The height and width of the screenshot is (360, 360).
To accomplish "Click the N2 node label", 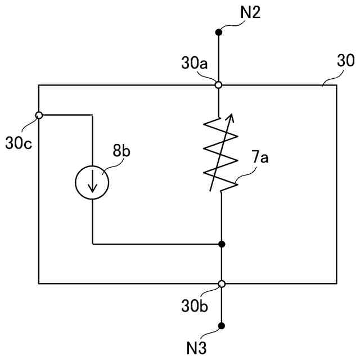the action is (x=250, y=12).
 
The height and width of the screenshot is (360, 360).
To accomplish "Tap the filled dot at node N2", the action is (x=219, y=33).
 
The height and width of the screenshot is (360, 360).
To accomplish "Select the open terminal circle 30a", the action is (x=219, y=85).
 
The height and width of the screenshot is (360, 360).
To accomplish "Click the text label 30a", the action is (x=194, y=63).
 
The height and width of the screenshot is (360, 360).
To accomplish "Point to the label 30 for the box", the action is (x=346, y=61).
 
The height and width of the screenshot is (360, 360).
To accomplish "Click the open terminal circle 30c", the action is (x=39, y=115).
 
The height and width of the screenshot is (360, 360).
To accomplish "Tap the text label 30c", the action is (x=19, y=143).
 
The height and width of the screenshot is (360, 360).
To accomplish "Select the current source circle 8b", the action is (x=92, y=182).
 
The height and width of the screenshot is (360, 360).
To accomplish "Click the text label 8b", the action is (x=121, y=151).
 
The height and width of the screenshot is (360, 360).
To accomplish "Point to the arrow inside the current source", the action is (x=92, y=181).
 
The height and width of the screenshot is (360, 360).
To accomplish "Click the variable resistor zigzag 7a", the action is (x=220, y=155).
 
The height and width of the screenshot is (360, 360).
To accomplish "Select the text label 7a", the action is (x=260, y=157).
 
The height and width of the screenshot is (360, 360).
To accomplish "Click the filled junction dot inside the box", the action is (x=222, y=244).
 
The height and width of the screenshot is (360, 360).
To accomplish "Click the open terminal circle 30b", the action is (x=222, y=284).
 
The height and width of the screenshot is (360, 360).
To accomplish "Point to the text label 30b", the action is (x=195, y=306).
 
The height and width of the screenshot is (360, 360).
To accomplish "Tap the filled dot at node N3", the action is (x=221, y=326).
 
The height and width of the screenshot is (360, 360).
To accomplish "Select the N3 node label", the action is (x=196, y=348).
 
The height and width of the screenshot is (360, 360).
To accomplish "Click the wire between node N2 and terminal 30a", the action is (x=219, y=58).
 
